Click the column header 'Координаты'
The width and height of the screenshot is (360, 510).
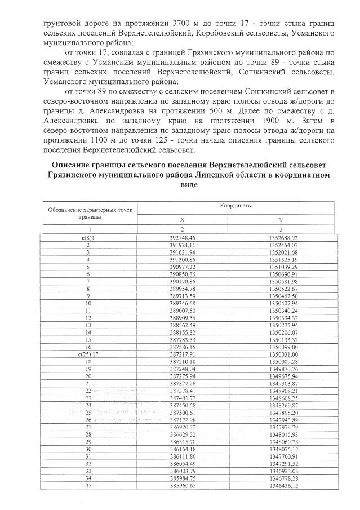point(235,206)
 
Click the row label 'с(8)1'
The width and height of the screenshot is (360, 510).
point(87,238)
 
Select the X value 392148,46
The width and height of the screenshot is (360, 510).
point(181,238)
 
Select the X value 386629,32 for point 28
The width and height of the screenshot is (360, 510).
point(181,434)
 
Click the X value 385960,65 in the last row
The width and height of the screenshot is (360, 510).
point(181,485)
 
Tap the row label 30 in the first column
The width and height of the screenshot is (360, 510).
point(88,449)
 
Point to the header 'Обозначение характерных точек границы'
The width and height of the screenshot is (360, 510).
point(89,212)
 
